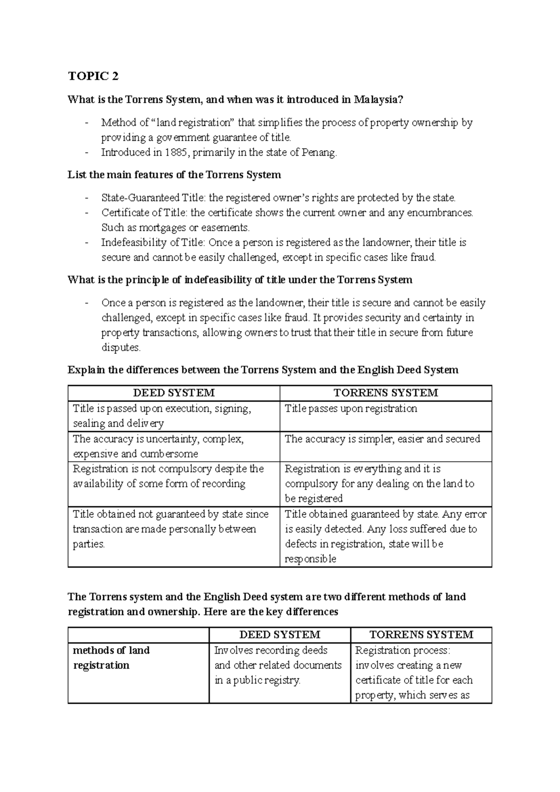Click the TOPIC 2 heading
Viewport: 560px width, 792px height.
tap(93, 76)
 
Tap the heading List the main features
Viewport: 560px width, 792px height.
tap(174, 175)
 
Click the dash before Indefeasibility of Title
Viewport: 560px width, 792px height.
tap(87, 243)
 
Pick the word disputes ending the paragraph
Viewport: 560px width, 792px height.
tap(120, 348)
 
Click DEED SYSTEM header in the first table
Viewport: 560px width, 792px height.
tap(174, 393)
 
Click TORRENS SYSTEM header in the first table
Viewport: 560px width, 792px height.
tap(386, 393)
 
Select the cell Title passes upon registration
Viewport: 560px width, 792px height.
tap(351, 409)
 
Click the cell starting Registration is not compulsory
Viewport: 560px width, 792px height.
tap(168, 476)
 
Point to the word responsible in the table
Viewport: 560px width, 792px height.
tap(310, 559)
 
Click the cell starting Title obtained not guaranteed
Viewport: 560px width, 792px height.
tap(170, 529)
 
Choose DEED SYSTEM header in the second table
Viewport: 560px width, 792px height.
tap(280, 635)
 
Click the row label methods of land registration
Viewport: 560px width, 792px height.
tap(111, 658)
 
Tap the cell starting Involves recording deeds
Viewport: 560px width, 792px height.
tap(278, 665)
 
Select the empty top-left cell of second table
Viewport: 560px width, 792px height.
tap(138, 635)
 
